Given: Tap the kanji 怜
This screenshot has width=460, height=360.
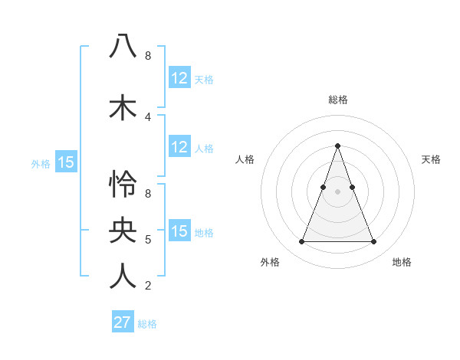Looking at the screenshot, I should point(123,185).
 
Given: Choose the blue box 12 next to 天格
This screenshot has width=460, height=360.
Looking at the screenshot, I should point(179,78).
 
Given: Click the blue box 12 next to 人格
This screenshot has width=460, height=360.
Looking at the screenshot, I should point(179,147).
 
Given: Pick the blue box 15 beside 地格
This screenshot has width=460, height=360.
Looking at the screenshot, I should point(179,231).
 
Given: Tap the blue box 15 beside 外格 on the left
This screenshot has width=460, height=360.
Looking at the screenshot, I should point(66,162).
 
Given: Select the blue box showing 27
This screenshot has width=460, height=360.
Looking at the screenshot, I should point(123,322).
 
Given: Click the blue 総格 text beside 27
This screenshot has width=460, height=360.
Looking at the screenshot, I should point(148,324).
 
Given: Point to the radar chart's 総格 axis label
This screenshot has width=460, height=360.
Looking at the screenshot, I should point(338,100).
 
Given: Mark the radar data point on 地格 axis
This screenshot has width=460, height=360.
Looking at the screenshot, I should point(374,242).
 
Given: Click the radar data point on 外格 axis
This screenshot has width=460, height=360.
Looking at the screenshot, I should point(301,242).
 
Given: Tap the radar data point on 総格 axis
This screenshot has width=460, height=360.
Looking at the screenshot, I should point(337,146).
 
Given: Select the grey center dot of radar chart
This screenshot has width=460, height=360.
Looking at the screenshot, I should point(337,191).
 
